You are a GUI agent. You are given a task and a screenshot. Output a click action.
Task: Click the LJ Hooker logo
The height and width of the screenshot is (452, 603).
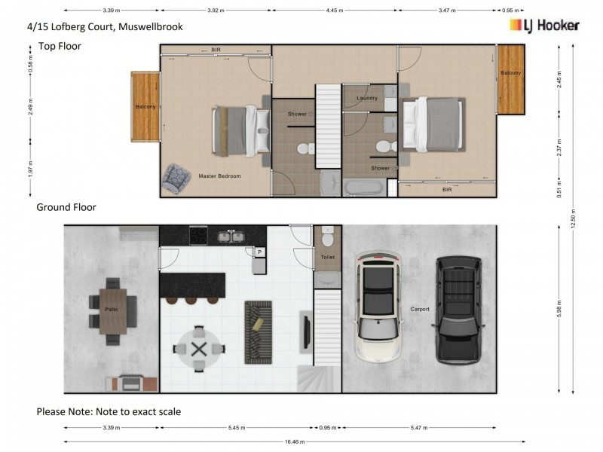pos(544,26)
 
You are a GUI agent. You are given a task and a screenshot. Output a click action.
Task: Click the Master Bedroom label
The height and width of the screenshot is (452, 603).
pos(219,176)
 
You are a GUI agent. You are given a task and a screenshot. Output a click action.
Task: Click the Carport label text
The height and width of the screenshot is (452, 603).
pos(420,309)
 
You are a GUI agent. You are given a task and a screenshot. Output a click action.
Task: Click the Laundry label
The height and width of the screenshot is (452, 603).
pos(367,98)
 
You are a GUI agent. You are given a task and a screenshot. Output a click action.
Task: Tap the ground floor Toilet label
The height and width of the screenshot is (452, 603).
pos(327,257)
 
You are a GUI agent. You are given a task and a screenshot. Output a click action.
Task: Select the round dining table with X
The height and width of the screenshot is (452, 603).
pos(199,348)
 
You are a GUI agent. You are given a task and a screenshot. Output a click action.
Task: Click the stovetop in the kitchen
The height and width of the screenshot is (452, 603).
pos(198,236)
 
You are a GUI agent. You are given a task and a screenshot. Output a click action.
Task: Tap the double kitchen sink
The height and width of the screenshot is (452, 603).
pos(231,237)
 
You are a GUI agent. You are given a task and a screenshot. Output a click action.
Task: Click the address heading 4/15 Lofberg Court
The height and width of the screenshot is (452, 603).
pos(105,26)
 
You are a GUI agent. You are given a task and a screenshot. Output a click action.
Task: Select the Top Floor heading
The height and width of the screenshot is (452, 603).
pos(60,46)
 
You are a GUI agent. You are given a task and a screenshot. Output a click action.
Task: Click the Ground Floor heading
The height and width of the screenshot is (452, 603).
pos(66,207)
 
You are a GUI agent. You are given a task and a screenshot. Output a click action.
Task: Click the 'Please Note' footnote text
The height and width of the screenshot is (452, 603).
pos(109,412)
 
